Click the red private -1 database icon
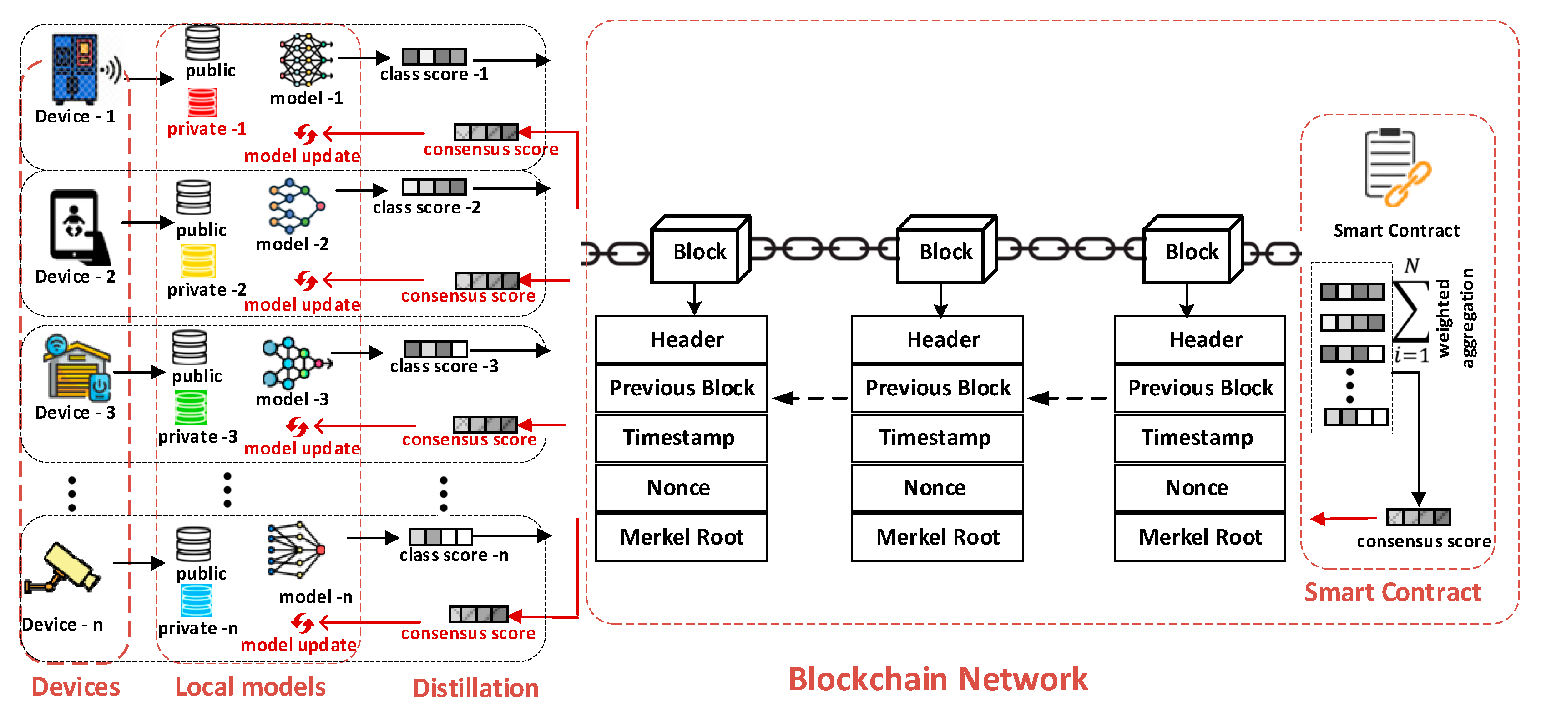pos(202,102)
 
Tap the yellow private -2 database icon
pos(198,261)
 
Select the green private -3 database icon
pos(191,407)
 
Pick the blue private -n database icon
pos(196,601)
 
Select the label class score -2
pos(426,207)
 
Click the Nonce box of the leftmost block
pos(682,487)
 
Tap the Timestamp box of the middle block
pos(937,437)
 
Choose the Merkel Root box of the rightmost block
pos(1199,537)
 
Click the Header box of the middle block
pos(937,339)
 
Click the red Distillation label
pos(475,688)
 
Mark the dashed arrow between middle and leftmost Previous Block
pos(810,398)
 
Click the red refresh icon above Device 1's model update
pos(306,134)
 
